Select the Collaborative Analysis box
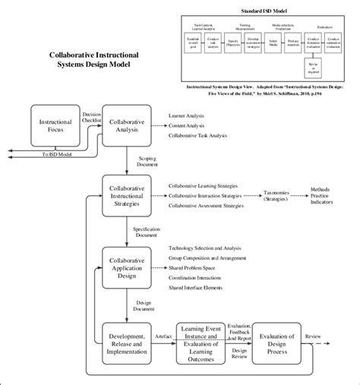[126, 125]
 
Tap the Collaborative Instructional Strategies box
[126, 195]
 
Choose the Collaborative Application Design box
[126, 267]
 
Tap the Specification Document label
[146, 231]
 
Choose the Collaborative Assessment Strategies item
[206, 206]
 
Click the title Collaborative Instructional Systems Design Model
[90, 60]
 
